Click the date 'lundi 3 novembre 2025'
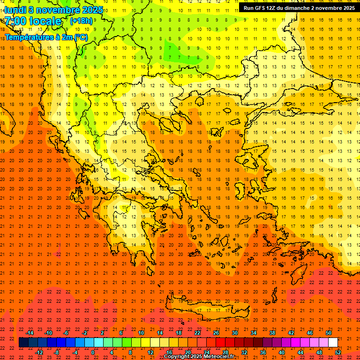point(53,10)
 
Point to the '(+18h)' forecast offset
point(81,21)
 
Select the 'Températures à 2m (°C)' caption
point(46,37)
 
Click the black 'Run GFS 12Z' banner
point(299,8)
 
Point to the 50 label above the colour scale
point(328,333)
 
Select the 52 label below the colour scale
point(338,352)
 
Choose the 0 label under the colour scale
point(93,352)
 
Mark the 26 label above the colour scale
point(216,333)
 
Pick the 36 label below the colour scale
point(263,352)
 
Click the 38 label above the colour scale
point(272,333)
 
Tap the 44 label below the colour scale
point(300,352)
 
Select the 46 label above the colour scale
point(310,333)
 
